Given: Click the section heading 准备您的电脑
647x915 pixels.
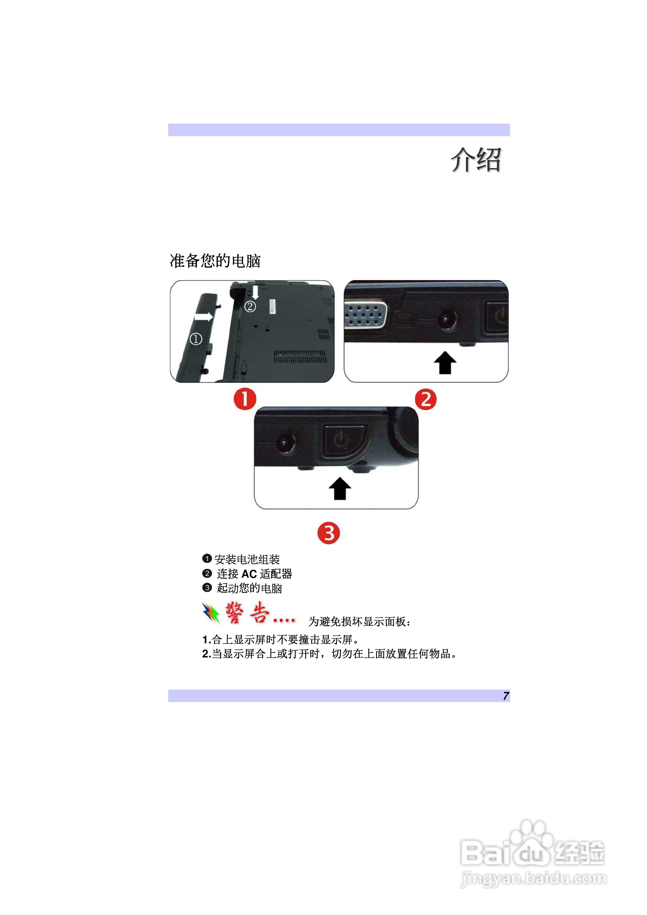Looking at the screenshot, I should (x=215, y=261).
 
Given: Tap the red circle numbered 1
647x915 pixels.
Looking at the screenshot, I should (x=245, y=399).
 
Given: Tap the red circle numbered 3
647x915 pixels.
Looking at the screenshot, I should (x=329, y=533).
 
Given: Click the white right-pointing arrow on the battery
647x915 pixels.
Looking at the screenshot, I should (x=204, y=317).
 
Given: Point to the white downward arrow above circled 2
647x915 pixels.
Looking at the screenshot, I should (x=255, y=292).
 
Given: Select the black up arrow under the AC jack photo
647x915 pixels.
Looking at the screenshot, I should (x=445, y=363).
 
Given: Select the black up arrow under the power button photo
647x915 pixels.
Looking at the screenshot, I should (x=340, y=488).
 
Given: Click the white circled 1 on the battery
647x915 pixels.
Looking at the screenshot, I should (x=196, y=339).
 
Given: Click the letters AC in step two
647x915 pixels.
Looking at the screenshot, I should (x=249, y=574).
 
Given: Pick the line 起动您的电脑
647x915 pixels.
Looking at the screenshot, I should (x=249, y=588).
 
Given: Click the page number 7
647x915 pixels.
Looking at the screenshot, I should (x=505, y=696).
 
